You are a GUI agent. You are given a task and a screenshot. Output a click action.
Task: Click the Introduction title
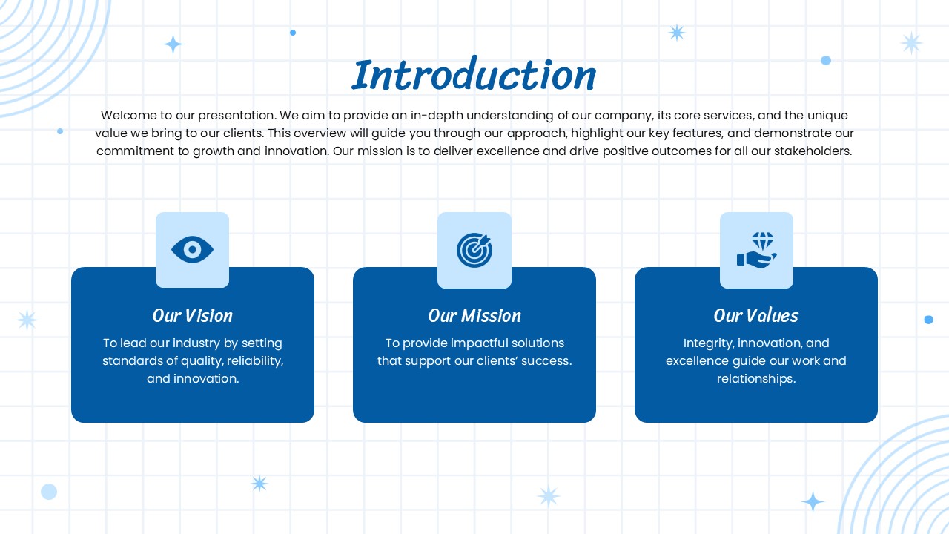tap(474, 75)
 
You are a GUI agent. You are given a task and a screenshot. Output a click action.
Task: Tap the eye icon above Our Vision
tap(192, 250)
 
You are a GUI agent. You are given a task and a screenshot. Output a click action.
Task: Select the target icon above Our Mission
tap(474, 250)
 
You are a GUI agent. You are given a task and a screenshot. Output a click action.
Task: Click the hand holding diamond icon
tap(757, 250)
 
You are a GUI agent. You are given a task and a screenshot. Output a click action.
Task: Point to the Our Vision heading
tap(192, 316)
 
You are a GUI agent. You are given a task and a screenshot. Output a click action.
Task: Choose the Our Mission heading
tap(474, 316)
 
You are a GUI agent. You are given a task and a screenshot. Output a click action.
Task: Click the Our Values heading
tap(756, 316)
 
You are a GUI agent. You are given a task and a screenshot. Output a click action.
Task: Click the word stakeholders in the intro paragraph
tap(813, 151)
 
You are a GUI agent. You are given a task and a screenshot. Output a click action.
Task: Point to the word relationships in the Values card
tap(756, 378)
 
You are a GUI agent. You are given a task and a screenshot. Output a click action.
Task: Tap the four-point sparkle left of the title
tap(173, 44)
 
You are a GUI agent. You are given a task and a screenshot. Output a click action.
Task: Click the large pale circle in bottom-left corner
tap(49, 492)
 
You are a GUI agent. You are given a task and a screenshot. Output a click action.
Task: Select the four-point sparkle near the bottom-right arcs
tap(813, 502)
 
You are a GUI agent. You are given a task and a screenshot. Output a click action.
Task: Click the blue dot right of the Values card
tap(929, 320)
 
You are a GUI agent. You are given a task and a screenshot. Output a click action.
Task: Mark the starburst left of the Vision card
tap(27, 320)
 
